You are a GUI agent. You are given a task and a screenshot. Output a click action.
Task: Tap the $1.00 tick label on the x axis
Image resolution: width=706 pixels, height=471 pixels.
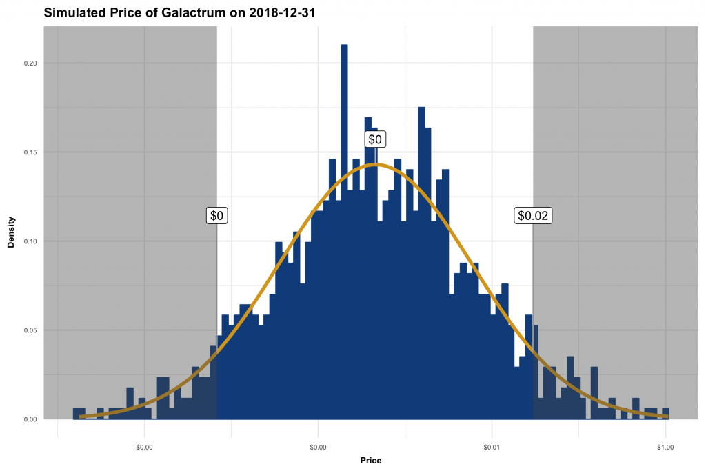[x=665, y=448]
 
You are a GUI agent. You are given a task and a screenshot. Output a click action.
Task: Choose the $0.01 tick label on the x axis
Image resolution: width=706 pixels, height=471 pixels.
[x=492, y=448]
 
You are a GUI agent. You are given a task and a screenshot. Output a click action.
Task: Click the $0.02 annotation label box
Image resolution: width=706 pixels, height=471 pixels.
[x=533, y=216]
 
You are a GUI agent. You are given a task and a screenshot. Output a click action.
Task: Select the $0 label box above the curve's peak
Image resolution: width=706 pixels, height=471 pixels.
[x=375, y=139]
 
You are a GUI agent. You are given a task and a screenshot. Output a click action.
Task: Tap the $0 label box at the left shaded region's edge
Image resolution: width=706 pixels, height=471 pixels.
[x=217, y=216]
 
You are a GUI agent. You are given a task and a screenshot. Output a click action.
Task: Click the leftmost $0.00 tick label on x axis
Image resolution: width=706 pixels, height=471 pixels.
[x=144, y=448]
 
